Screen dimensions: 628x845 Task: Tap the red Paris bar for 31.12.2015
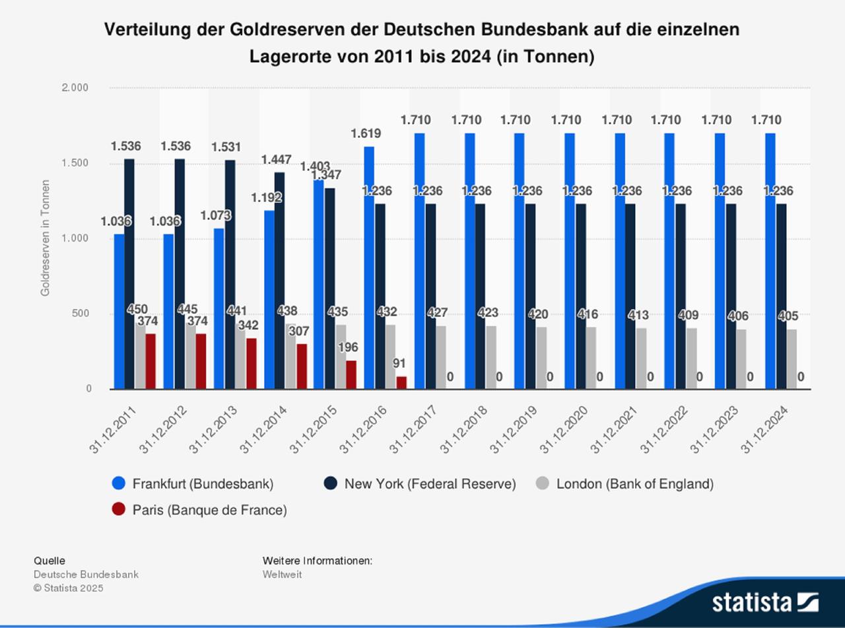(351, 374)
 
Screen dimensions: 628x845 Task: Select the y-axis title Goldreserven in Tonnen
(46, 238)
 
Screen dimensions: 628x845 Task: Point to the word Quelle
(50, 561)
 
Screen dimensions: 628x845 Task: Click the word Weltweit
(282, 575)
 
